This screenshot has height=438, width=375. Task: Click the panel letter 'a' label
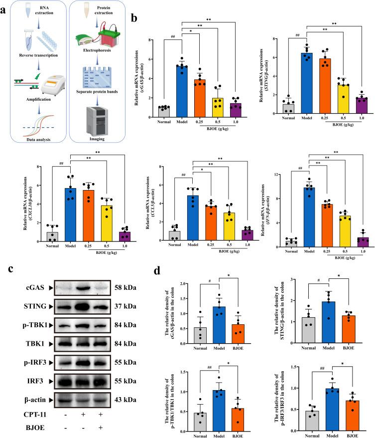(x=4, y=6)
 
